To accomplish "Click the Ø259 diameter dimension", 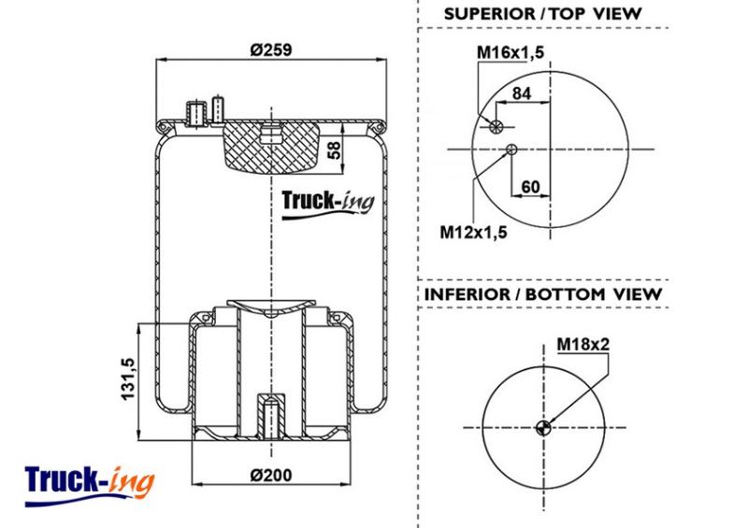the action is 270,50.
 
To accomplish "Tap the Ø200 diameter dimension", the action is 270,475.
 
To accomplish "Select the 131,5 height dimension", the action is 128,378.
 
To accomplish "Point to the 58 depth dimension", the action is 336,150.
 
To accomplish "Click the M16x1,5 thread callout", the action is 511,52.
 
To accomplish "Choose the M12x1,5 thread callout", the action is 473,233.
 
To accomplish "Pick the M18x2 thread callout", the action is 583,344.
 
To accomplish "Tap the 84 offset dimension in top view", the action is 522,93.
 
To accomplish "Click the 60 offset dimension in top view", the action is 530,187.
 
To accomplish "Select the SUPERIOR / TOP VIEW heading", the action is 542,14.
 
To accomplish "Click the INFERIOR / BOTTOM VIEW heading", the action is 543,294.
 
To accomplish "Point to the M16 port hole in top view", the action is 496,126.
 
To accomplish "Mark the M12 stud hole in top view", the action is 511,150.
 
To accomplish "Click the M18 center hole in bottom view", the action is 543,427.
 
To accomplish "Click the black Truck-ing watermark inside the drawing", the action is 328,204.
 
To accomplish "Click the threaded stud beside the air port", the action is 218,110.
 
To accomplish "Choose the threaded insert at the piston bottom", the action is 271,416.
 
